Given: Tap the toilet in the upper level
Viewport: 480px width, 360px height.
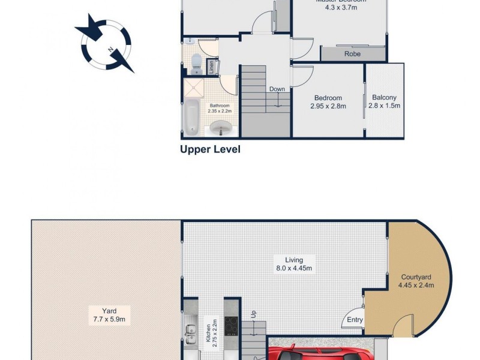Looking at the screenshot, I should click(196, 62).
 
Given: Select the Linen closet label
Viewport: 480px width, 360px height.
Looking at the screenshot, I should click(212, 67).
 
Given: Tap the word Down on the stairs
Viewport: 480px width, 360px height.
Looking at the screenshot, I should click(277, 89).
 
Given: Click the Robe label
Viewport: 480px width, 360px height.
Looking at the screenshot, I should click(352, 53).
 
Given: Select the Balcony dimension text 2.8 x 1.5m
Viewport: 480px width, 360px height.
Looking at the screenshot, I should click(384, 106).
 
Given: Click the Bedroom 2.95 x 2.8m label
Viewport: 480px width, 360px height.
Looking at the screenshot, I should click(328, 102).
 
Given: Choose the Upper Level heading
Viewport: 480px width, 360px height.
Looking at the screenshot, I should click(210, 149).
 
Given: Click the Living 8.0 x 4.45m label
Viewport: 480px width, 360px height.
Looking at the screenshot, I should click(293, 264).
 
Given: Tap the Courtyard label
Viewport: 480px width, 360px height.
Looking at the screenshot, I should click(416, 281).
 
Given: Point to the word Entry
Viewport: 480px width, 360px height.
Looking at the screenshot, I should click(355, 320).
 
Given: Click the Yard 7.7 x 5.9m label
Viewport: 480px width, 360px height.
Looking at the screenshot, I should click(109, 315).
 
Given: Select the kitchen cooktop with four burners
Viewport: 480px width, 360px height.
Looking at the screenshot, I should click(232, 326).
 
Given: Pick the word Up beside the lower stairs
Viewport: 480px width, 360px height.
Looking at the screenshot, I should click(253, 314).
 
